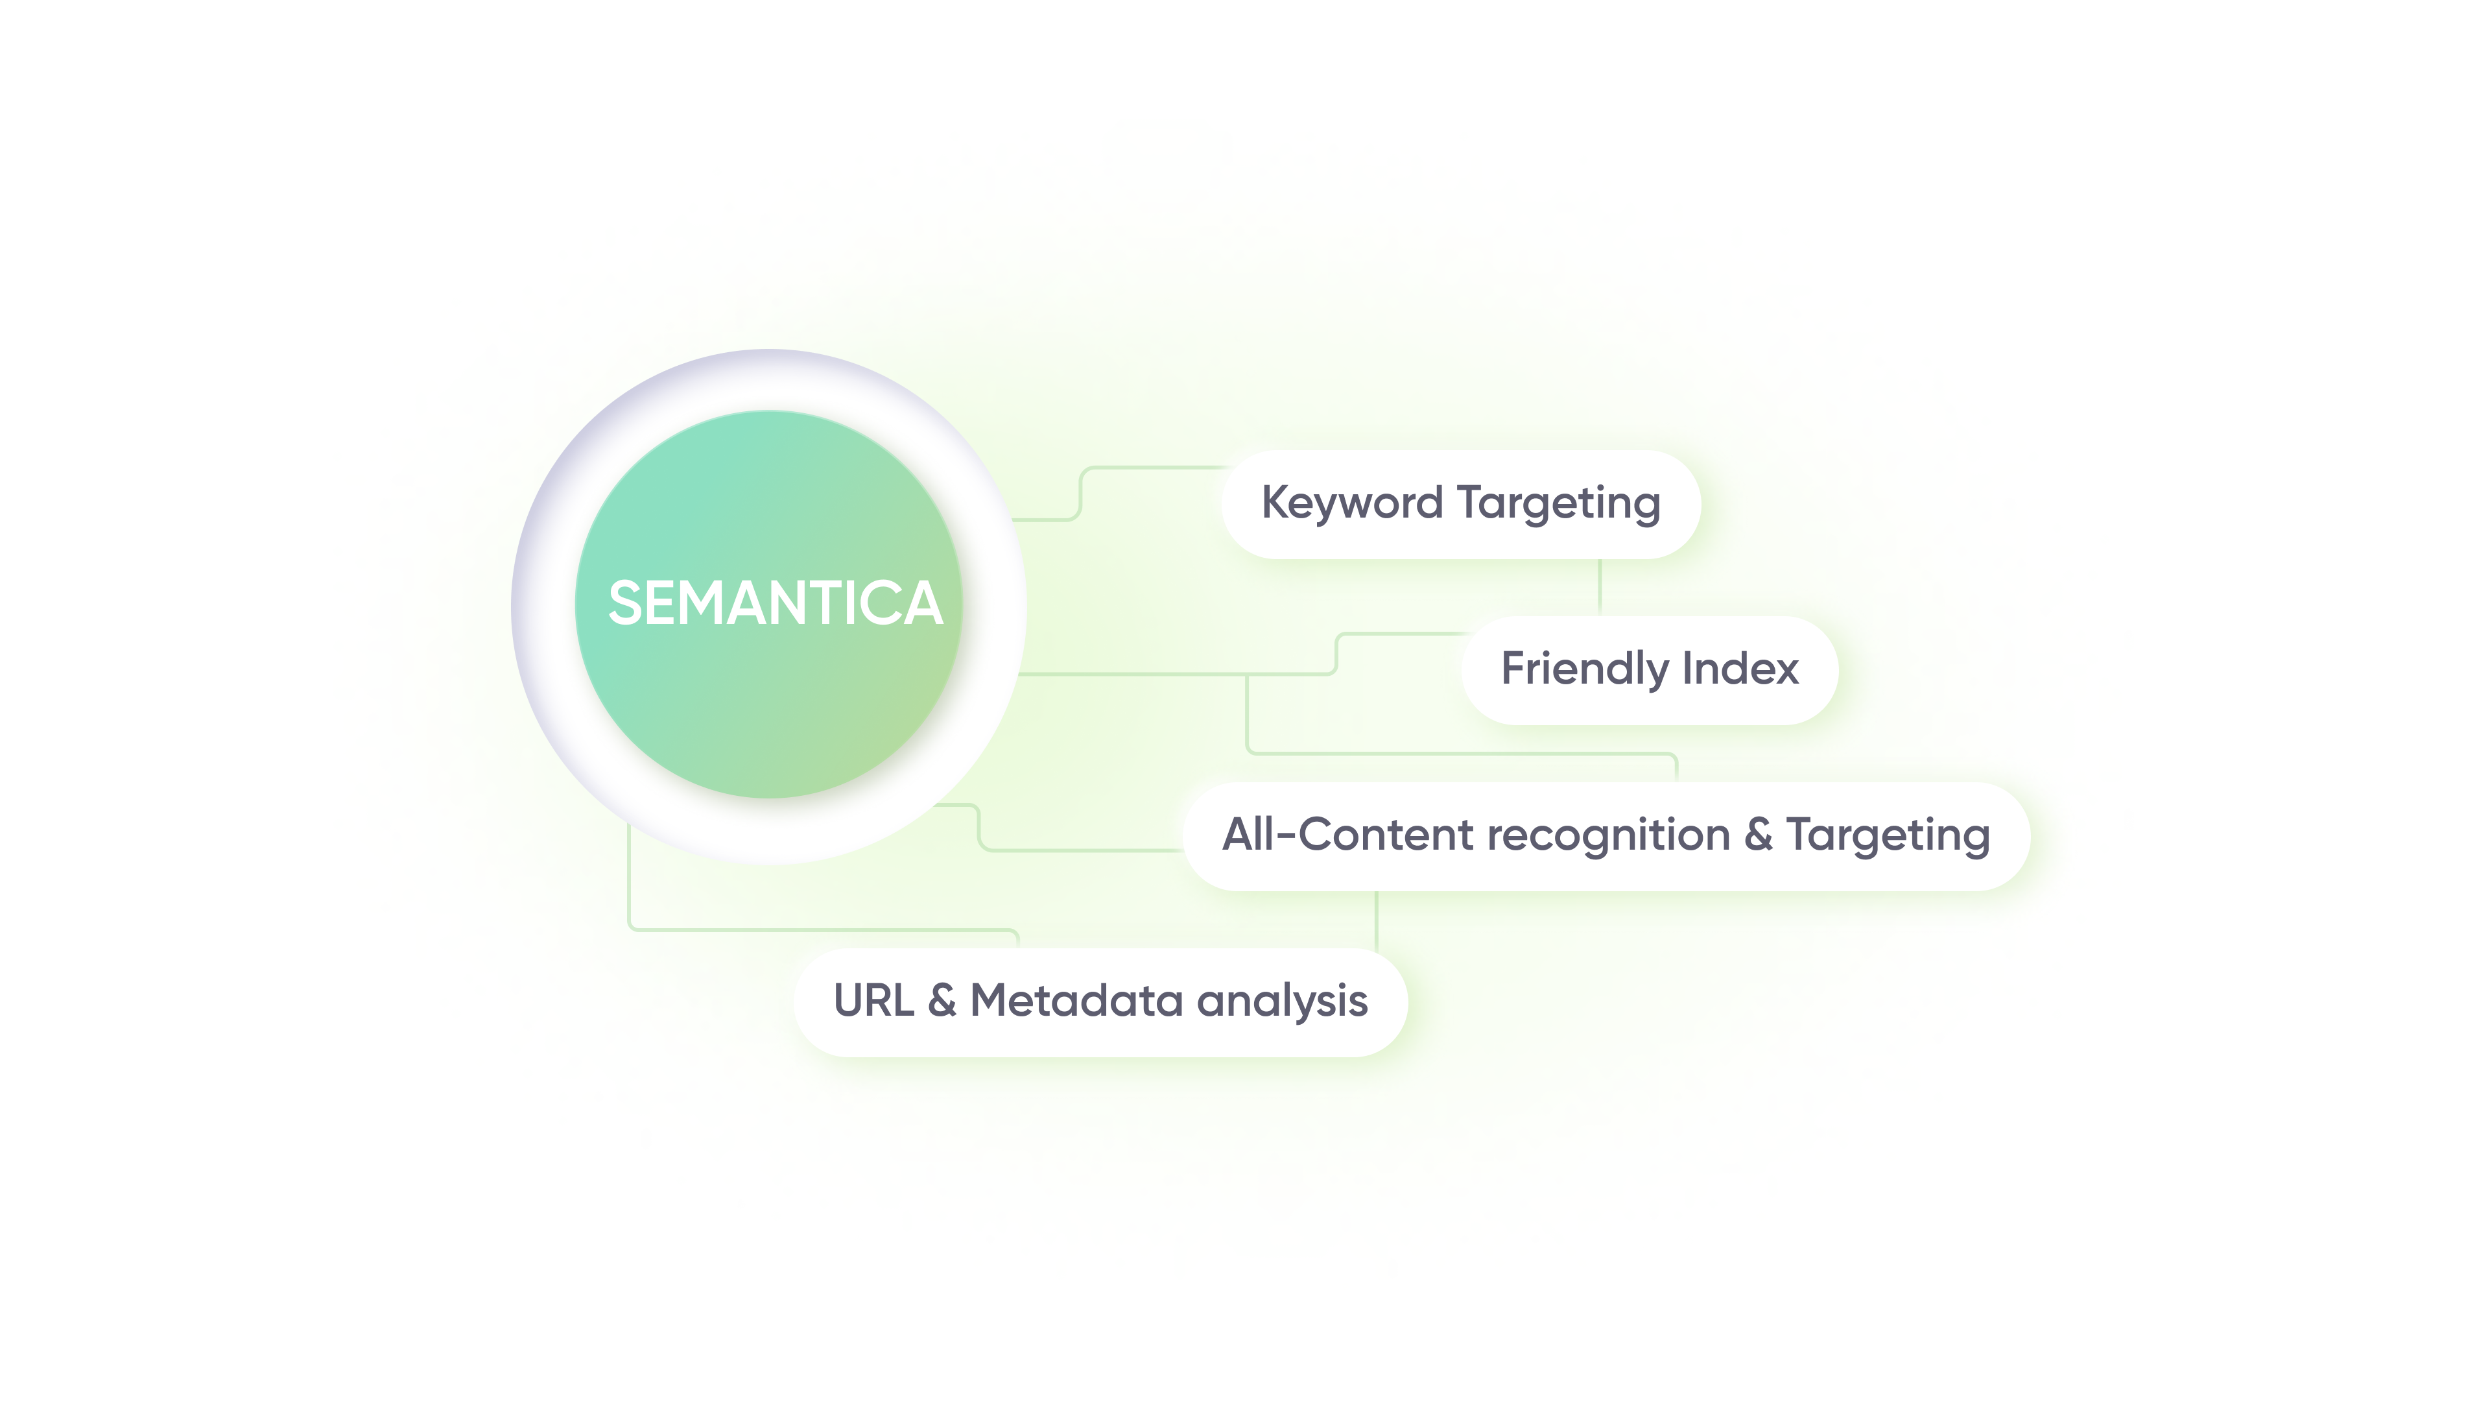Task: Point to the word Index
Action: coord(1741,668)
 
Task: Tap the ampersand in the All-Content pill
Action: coord(1759,834)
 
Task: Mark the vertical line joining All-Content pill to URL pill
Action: coord(1377,920)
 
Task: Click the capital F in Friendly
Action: coord(1515,668)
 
